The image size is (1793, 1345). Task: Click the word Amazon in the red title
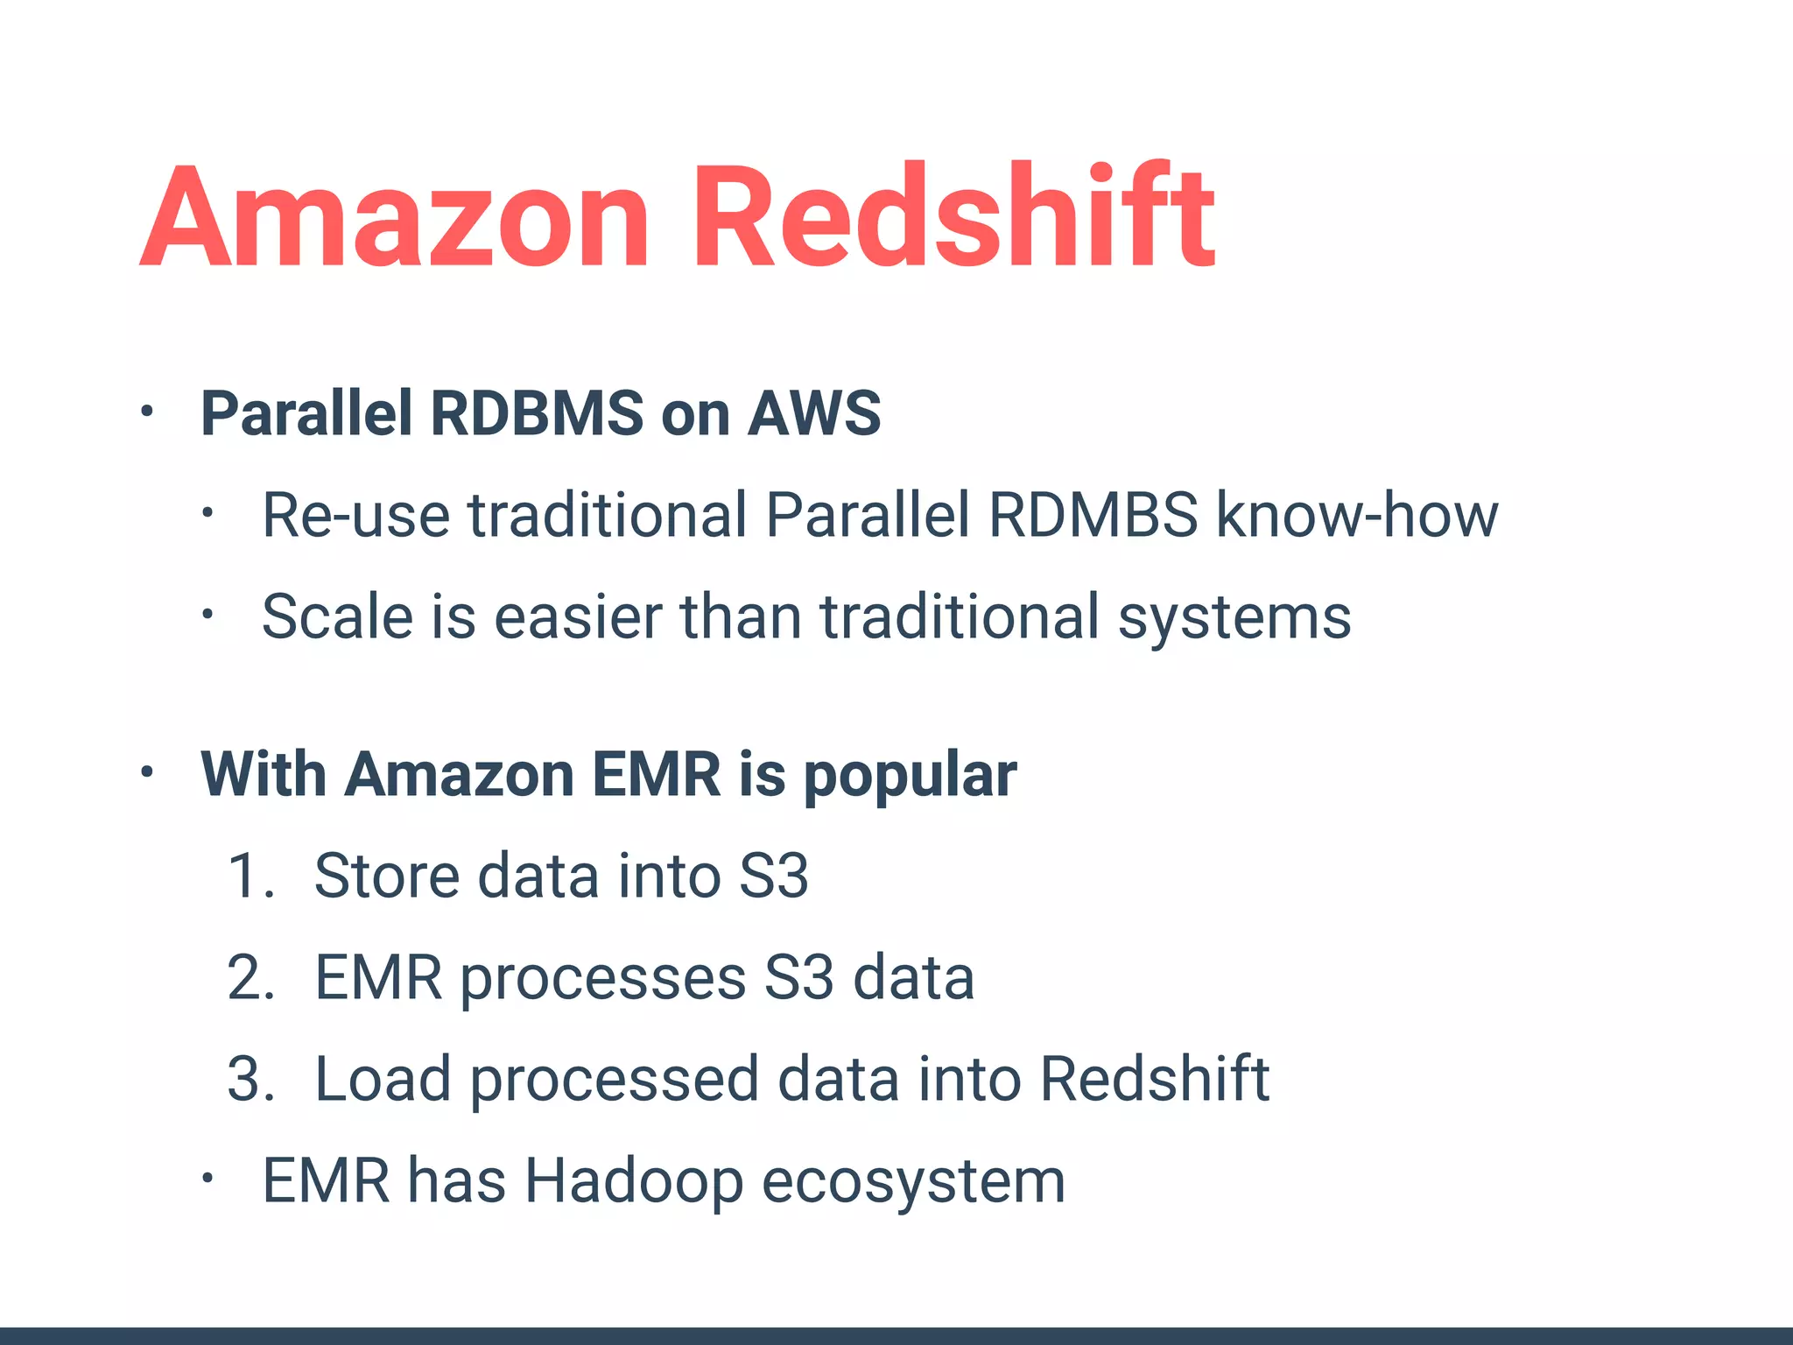pyautogui.click(x=394, y=217)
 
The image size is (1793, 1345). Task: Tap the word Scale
pyautogui.click(x=337, y=617)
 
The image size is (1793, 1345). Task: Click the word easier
pyautogui.click(x=578, y=617)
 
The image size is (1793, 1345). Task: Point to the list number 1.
pyautogui.click(x=248, y=876)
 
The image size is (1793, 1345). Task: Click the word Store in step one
pyautogui.click(x=386, y=876)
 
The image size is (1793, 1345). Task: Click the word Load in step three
pyautogui.click(x=383, y=1079)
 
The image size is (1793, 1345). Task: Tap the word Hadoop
pyautogui.click(x=634, y=1182)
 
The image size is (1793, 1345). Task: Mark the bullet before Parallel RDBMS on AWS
pyautogui.click(x=147, y=412)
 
